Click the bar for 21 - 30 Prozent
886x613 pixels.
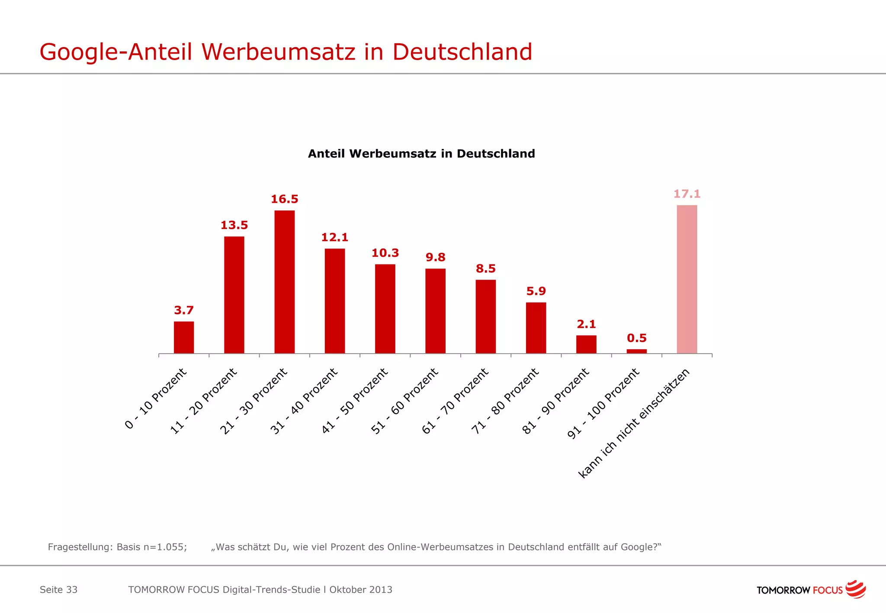284,282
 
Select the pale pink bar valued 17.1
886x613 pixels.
687,279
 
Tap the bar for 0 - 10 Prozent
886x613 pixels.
184,337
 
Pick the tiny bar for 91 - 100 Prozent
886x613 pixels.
636,351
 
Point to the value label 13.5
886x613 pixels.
234,225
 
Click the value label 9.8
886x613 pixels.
435,258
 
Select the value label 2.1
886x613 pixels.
586,324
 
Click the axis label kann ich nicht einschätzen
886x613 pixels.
634,423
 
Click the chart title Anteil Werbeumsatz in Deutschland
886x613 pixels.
421,154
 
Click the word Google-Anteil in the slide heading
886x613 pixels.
116,52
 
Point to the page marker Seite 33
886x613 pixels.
58,590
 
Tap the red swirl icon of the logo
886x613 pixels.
855,589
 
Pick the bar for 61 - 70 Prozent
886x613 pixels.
485,316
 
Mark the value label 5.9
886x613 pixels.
536,291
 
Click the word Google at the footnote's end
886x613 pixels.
639,547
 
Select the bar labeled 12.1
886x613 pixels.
335,301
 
